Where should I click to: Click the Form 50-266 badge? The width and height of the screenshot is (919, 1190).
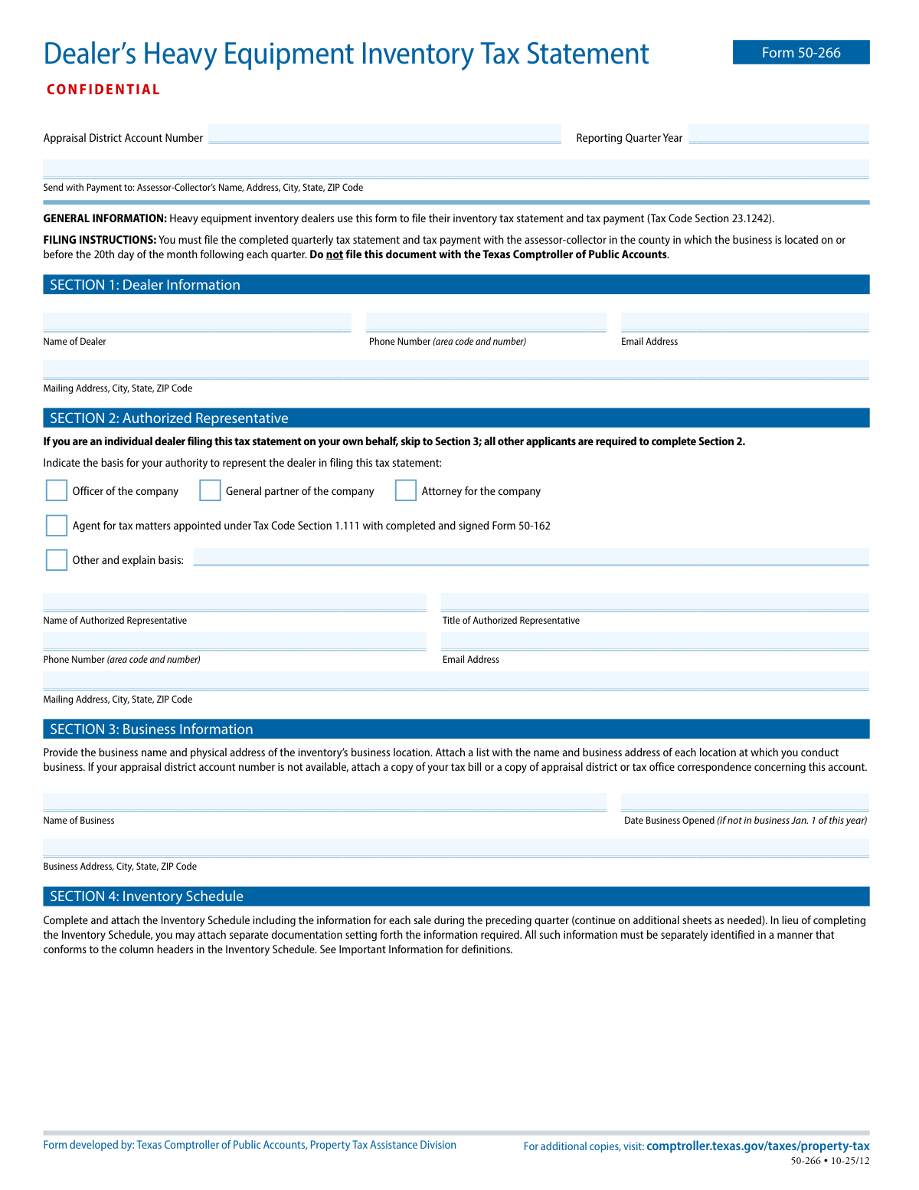pyautogui.click(x=801, y=52)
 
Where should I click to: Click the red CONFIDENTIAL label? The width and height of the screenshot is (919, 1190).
pyautogui.click(x=103, y=90)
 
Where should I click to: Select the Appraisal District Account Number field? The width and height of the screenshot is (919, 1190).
pyautogui.click(x=384, y=134)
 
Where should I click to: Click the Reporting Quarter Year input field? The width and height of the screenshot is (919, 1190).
pyautogui.click(x=779, y=134)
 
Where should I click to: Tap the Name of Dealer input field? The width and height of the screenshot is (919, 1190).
pyautogui.click(x=197, y=323)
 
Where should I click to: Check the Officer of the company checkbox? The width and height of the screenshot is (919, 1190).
pyautogui.click(x=57, y=490)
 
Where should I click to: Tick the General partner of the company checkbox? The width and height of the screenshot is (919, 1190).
pyautogui.click(x=210, y=490)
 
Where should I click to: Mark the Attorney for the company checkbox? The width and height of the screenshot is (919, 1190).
pyautogui.click(x=406, y=490)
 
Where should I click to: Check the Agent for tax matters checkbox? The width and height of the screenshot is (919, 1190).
pyautogui.click(x=57, y=525)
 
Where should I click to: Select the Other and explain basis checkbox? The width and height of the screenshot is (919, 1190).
pyautogui.click(x=57, y=559)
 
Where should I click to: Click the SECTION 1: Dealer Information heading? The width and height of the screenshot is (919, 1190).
pyautogui.click(x=145, y=285)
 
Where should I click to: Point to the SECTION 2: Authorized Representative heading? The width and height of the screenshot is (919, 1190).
pyautogui.click(x=168, y=418)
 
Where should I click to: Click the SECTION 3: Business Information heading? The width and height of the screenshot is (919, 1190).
pyautogui.click(x=151, y=729)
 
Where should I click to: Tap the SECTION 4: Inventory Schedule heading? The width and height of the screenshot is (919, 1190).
pyautogui.click(x=146, y=897)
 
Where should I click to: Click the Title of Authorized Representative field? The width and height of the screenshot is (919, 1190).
pyautogui.click(x=655, y=602)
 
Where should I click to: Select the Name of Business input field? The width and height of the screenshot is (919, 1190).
pyautogui.click(x=324, y=802)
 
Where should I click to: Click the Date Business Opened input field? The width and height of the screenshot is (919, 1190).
pyautogui.click(x=744, y=802)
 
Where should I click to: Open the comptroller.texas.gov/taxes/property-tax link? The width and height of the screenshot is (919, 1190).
pyautogui.click(x=757, y=1146)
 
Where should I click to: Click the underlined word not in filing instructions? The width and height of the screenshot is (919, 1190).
pyautogui.click(x=335, y=254)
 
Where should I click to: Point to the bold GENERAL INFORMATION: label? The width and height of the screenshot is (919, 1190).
pyautogui.click(x=105, y=218)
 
